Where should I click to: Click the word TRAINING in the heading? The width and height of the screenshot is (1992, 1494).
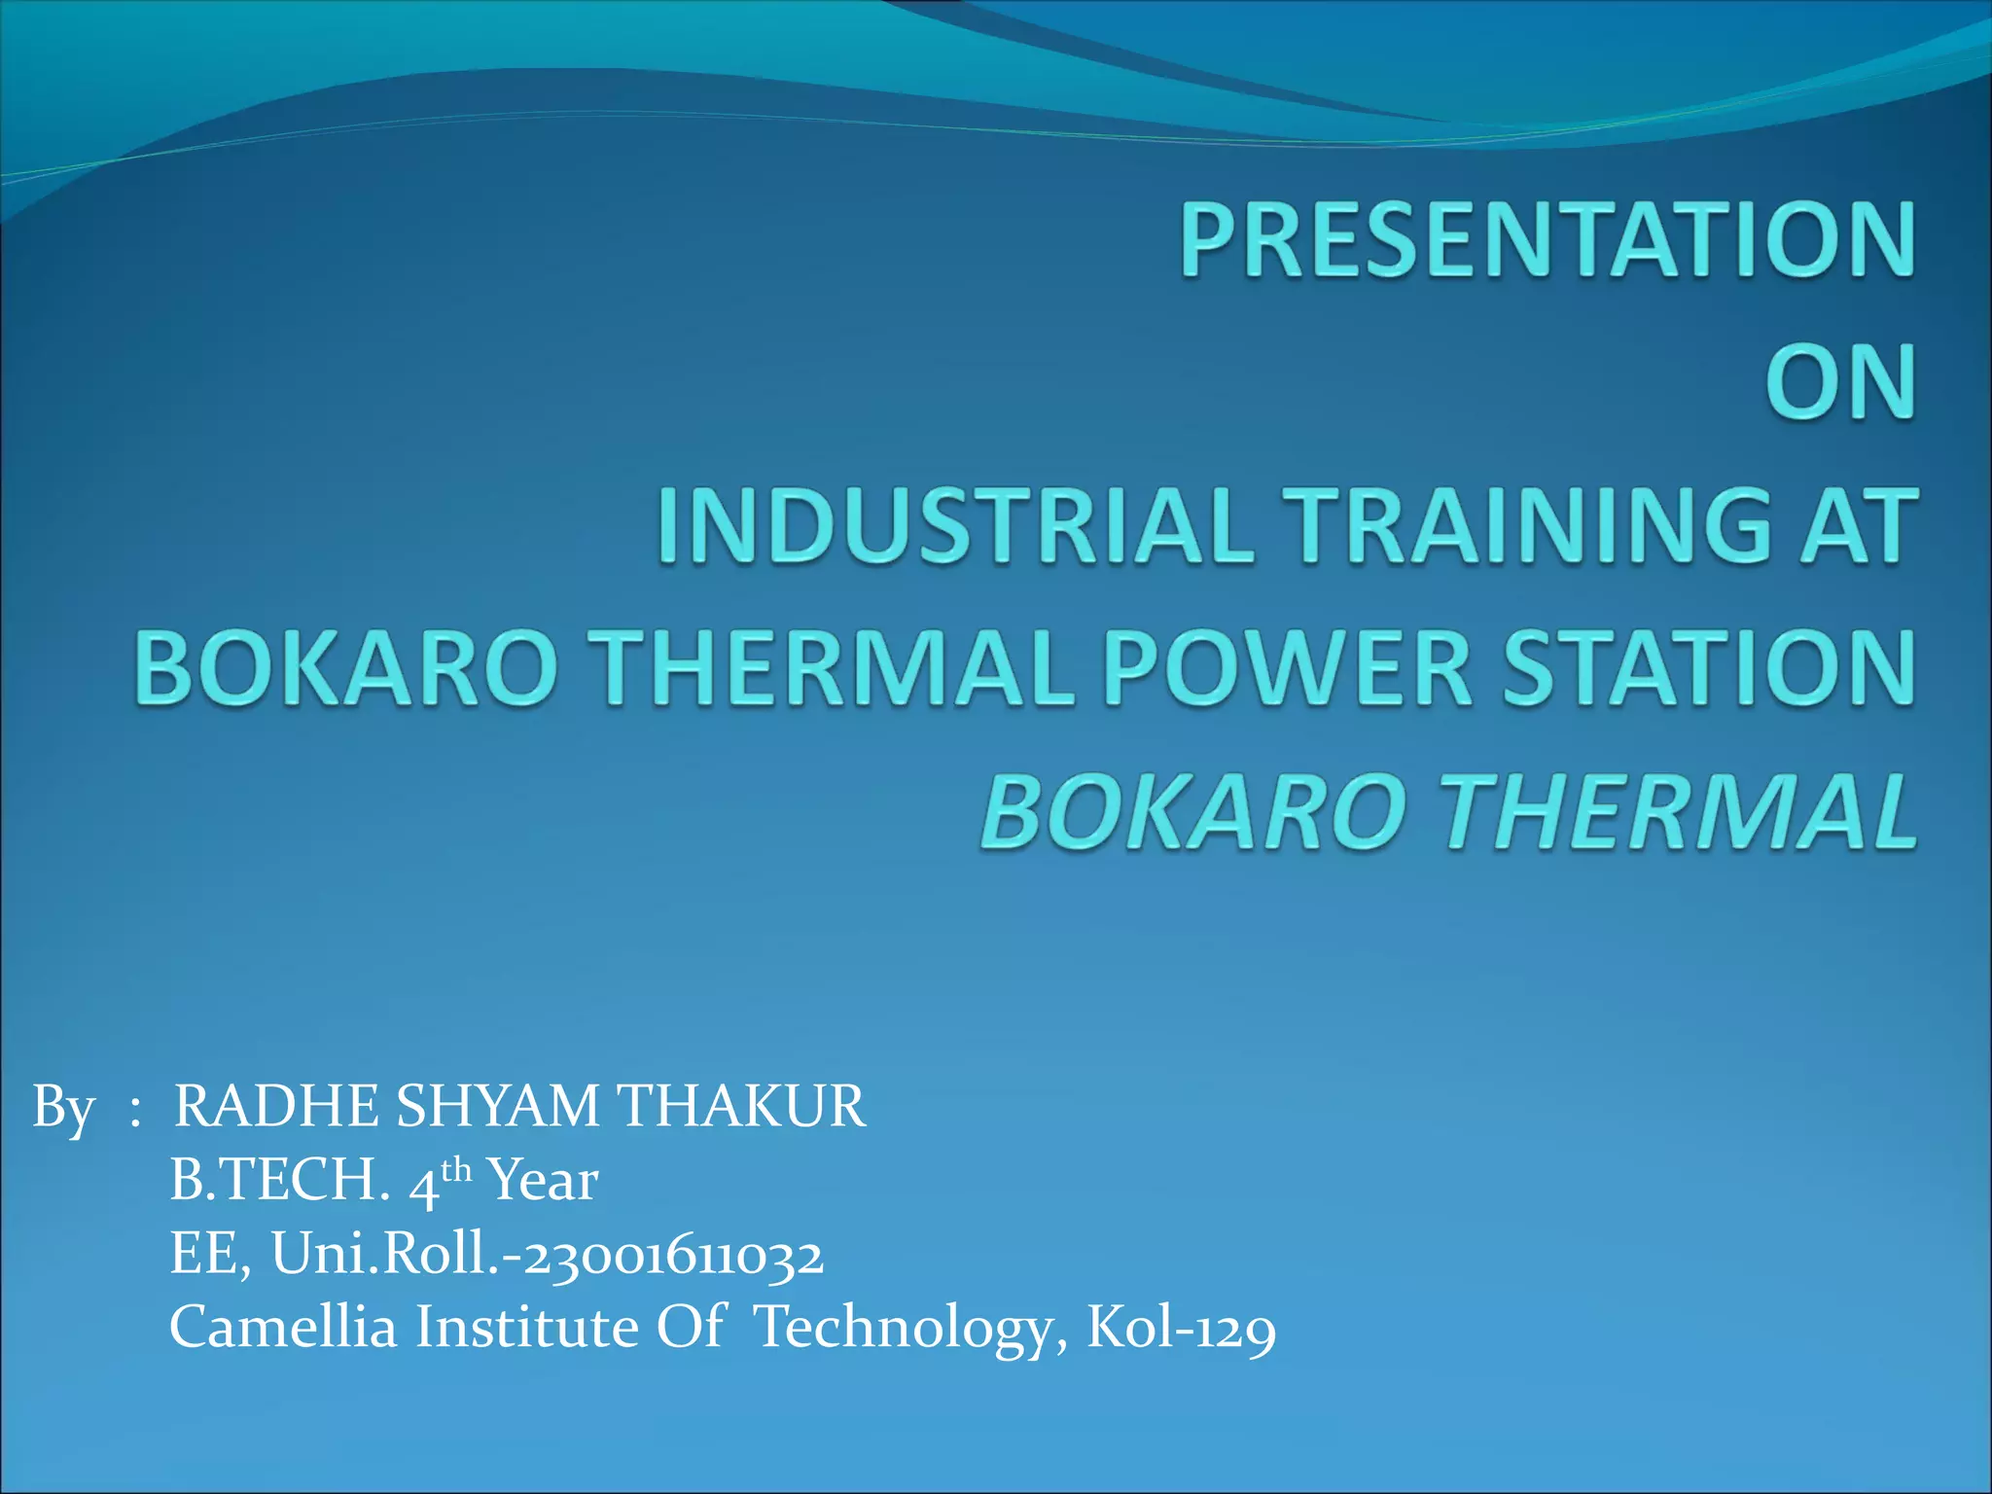tap(1527, 526)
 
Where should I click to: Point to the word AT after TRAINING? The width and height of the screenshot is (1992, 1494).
tap(1858, 526)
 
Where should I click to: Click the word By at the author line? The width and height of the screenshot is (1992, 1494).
tap(63, 1108)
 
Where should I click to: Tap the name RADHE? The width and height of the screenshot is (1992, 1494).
tap(276, 1107)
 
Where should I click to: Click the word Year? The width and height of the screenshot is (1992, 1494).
tap(543, 1181)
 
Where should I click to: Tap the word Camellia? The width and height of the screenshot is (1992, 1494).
tap(283, 1327)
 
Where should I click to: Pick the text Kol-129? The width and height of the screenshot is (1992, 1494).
tap(1181, 1328)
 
